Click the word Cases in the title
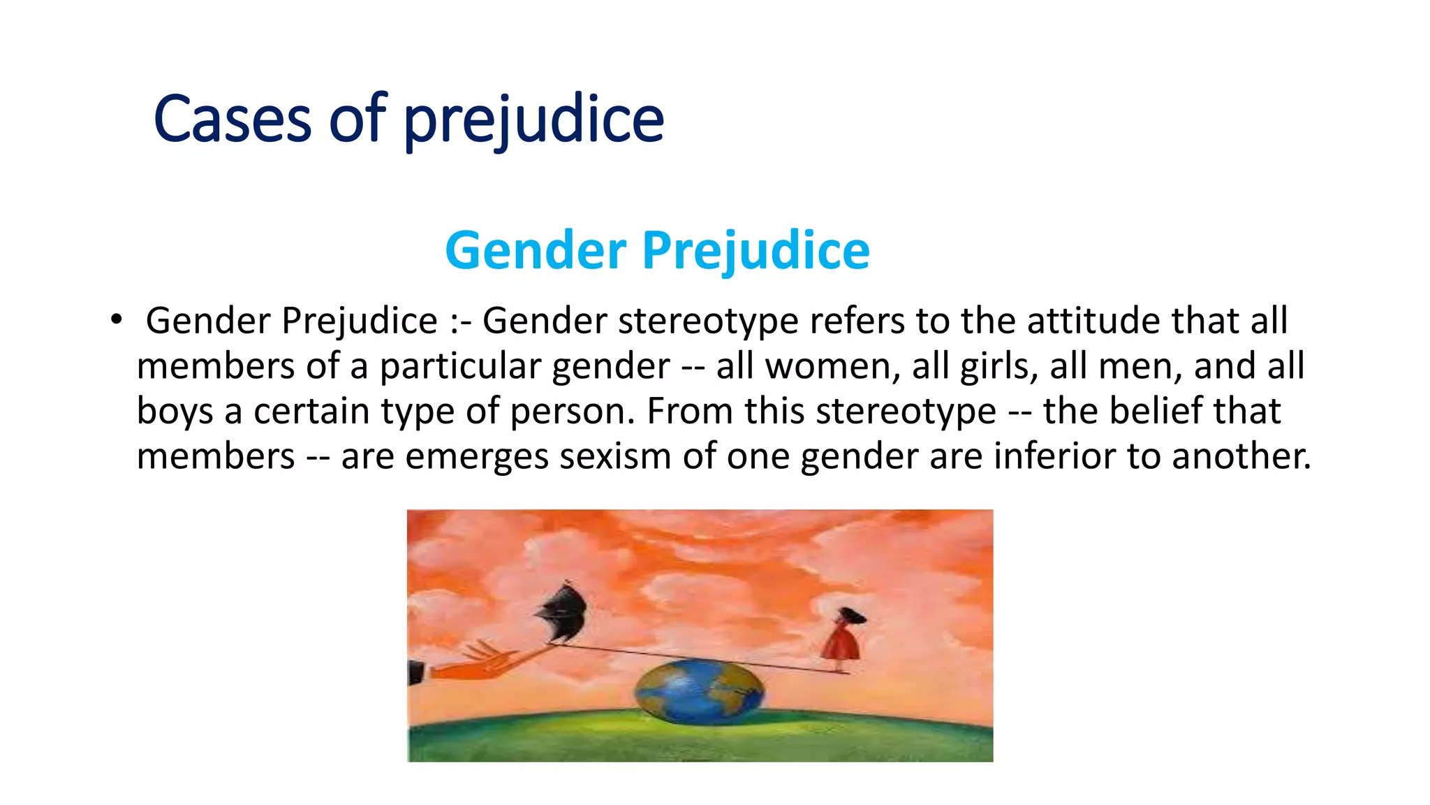[232, 120]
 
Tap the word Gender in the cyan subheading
[536, 251]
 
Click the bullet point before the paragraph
[116, 321]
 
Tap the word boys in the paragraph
[175, 411]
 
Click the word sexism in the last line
[614, 456]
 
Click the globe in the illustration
[699, 692]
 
